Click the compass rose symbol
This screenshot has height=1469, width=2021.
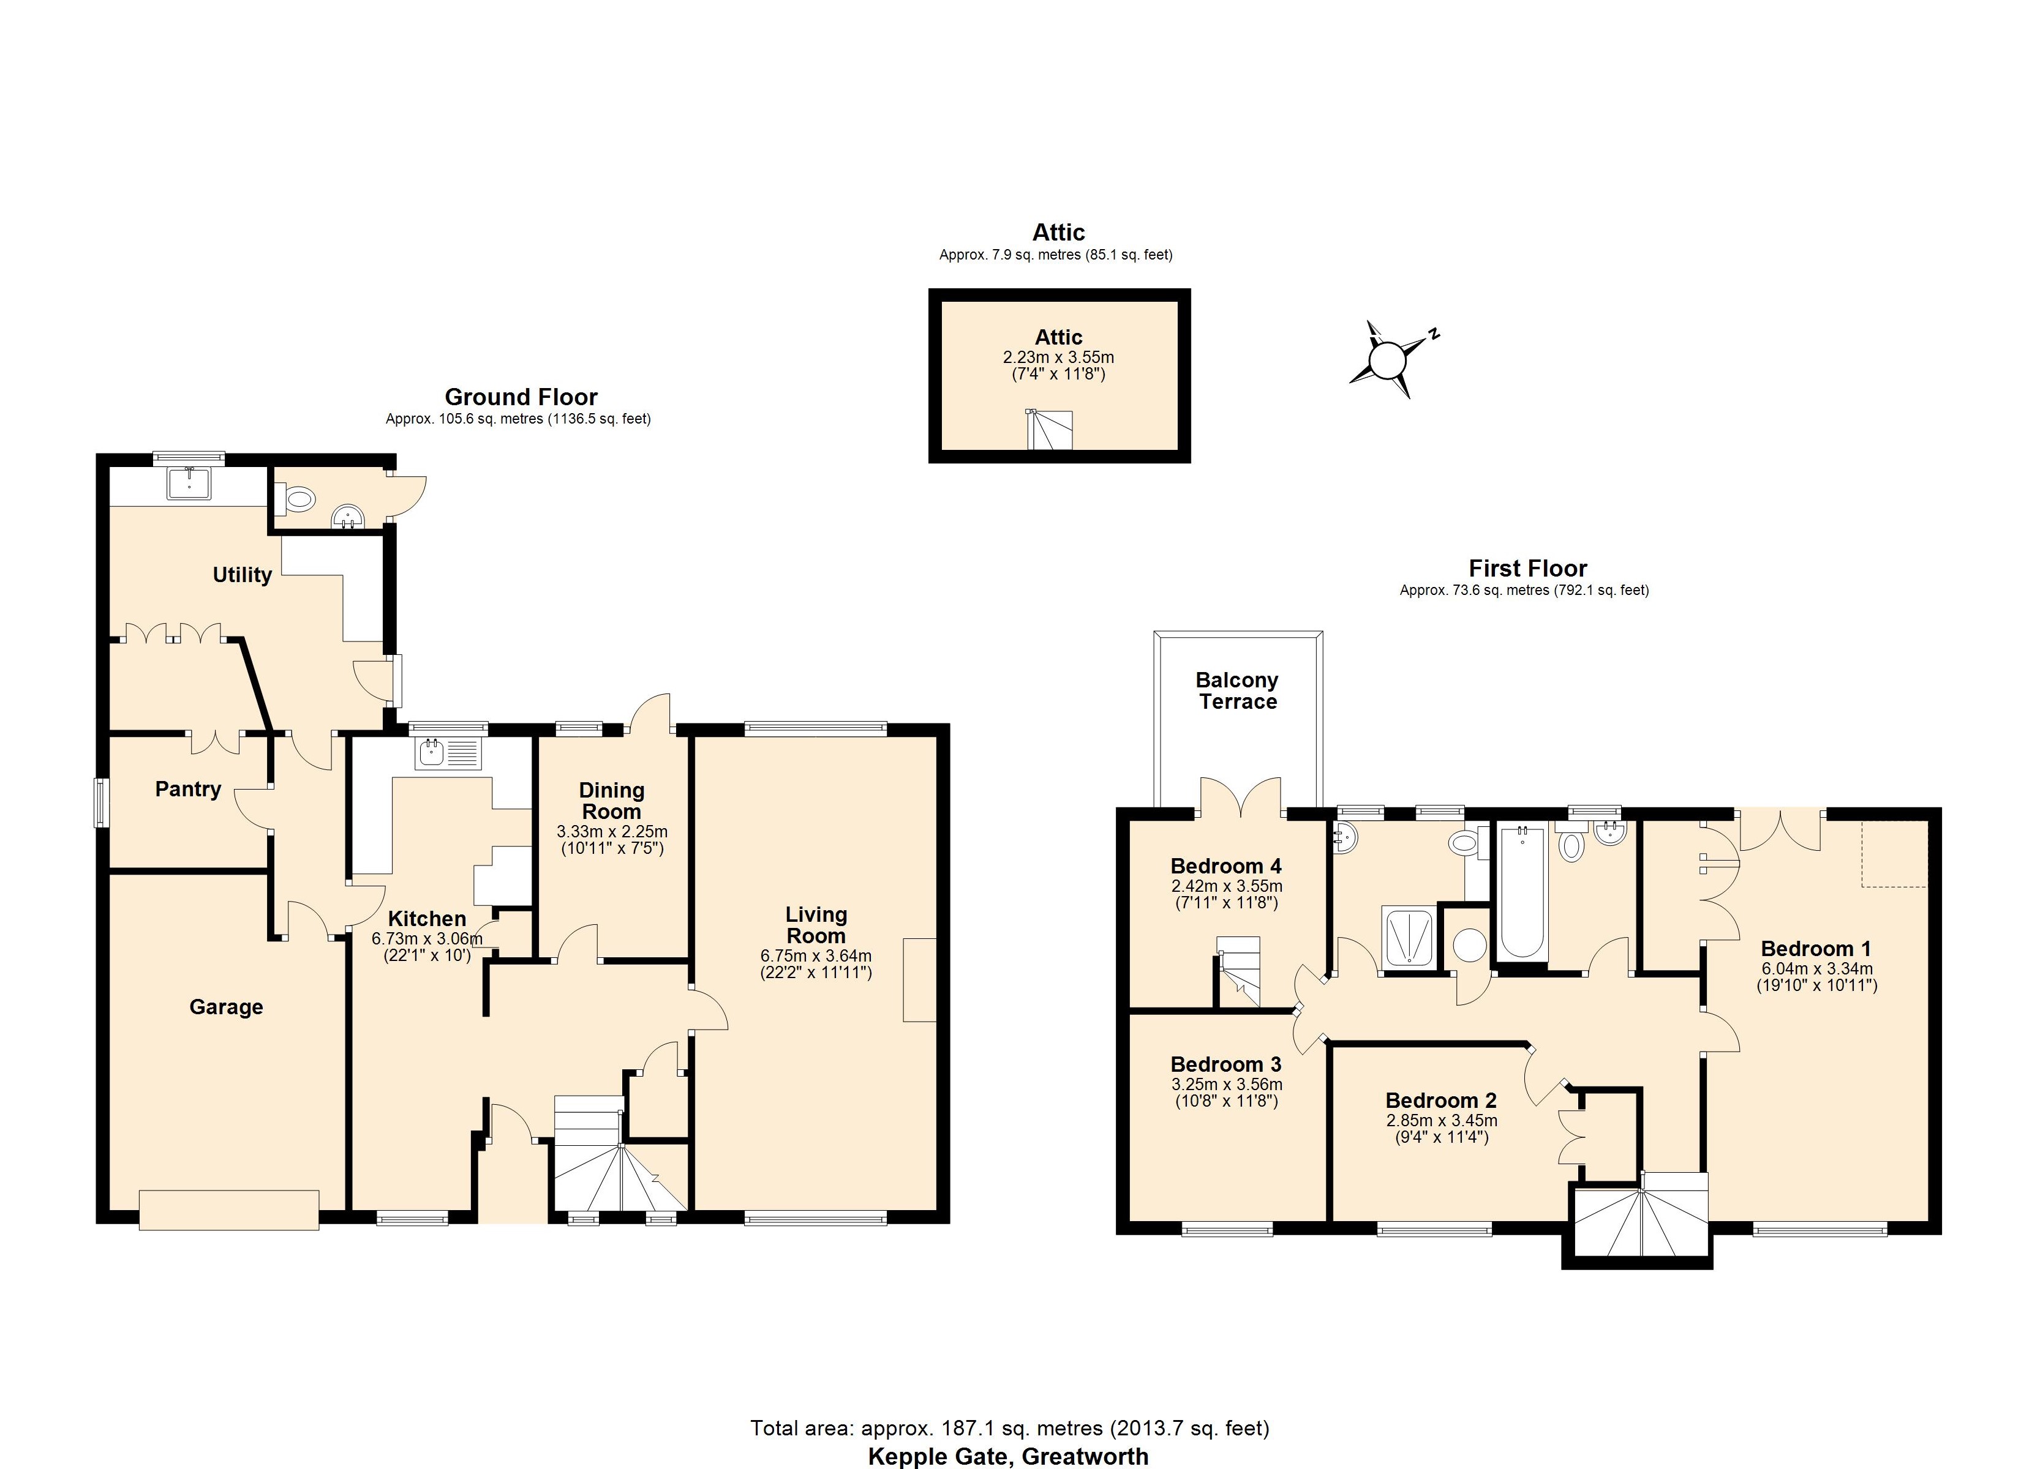(x=1386, y=361)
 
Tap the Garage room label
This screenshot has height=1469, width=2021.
(x=227, y=1007)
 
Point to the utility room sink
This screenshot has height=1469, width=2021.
(x=189, y=483)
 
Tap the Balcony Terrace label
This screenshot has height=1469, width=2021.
(x=1237, y=691)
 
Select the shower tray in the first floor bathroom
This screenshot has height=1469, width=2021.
(x=1408, y=936)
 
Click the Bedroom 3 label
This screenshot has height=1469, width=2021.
(x=1225, y=1064)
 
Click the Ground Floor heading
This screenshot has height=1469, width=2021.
(x=521, y=397)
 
